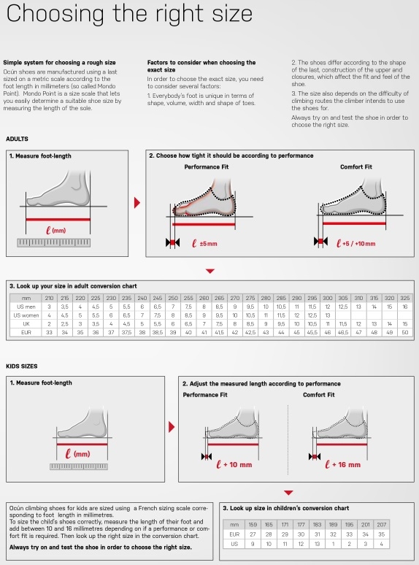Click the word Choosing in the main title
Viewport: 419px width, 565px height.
coord(55,15)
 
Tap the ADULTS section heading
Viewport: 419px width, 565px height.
coord(17,139)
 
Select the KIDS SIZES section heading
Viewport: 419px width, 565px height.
coord(22,366)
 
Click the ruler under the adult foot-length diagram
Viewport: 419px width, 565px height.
coord(54,242)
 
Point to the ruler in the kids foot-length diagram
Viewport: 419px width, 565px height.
coord(79,466)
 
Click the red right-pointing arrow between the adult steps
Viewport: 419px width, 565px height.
coord(137,202)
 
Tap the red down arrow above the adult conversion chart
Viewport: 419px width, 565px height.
coord(210,271)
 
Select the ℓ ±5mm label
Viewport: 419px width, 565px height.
coord(204,244)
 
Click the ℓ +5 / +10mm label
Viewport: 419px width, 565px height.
coord(356,244)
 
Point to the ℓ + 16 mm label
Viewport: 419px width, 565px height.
coord(342,464)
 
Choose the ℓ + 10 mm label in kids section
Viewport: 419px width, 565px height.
coord(234,464)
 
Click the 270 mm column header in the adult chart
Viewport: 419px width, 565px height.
coord(235,298)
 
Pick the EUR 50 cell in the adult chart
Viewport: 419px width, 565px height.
coord(405,332)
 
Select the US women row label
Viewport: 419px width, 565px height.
coord(26,315)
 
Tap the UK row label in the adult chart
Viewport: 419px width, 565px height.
coord(26,324)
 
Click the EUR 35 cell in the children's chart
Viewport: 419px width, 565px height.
coord(382,534)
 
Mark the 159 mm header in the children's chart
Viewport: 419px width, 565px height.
coord(253,525)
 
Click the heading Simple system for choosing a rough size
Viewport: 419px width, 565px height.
coord(59,62)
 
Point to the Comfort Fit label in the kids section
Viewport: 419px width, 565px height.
coord(319,395)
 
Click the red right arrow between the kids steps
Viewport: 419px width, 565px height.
coord(172,427)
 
